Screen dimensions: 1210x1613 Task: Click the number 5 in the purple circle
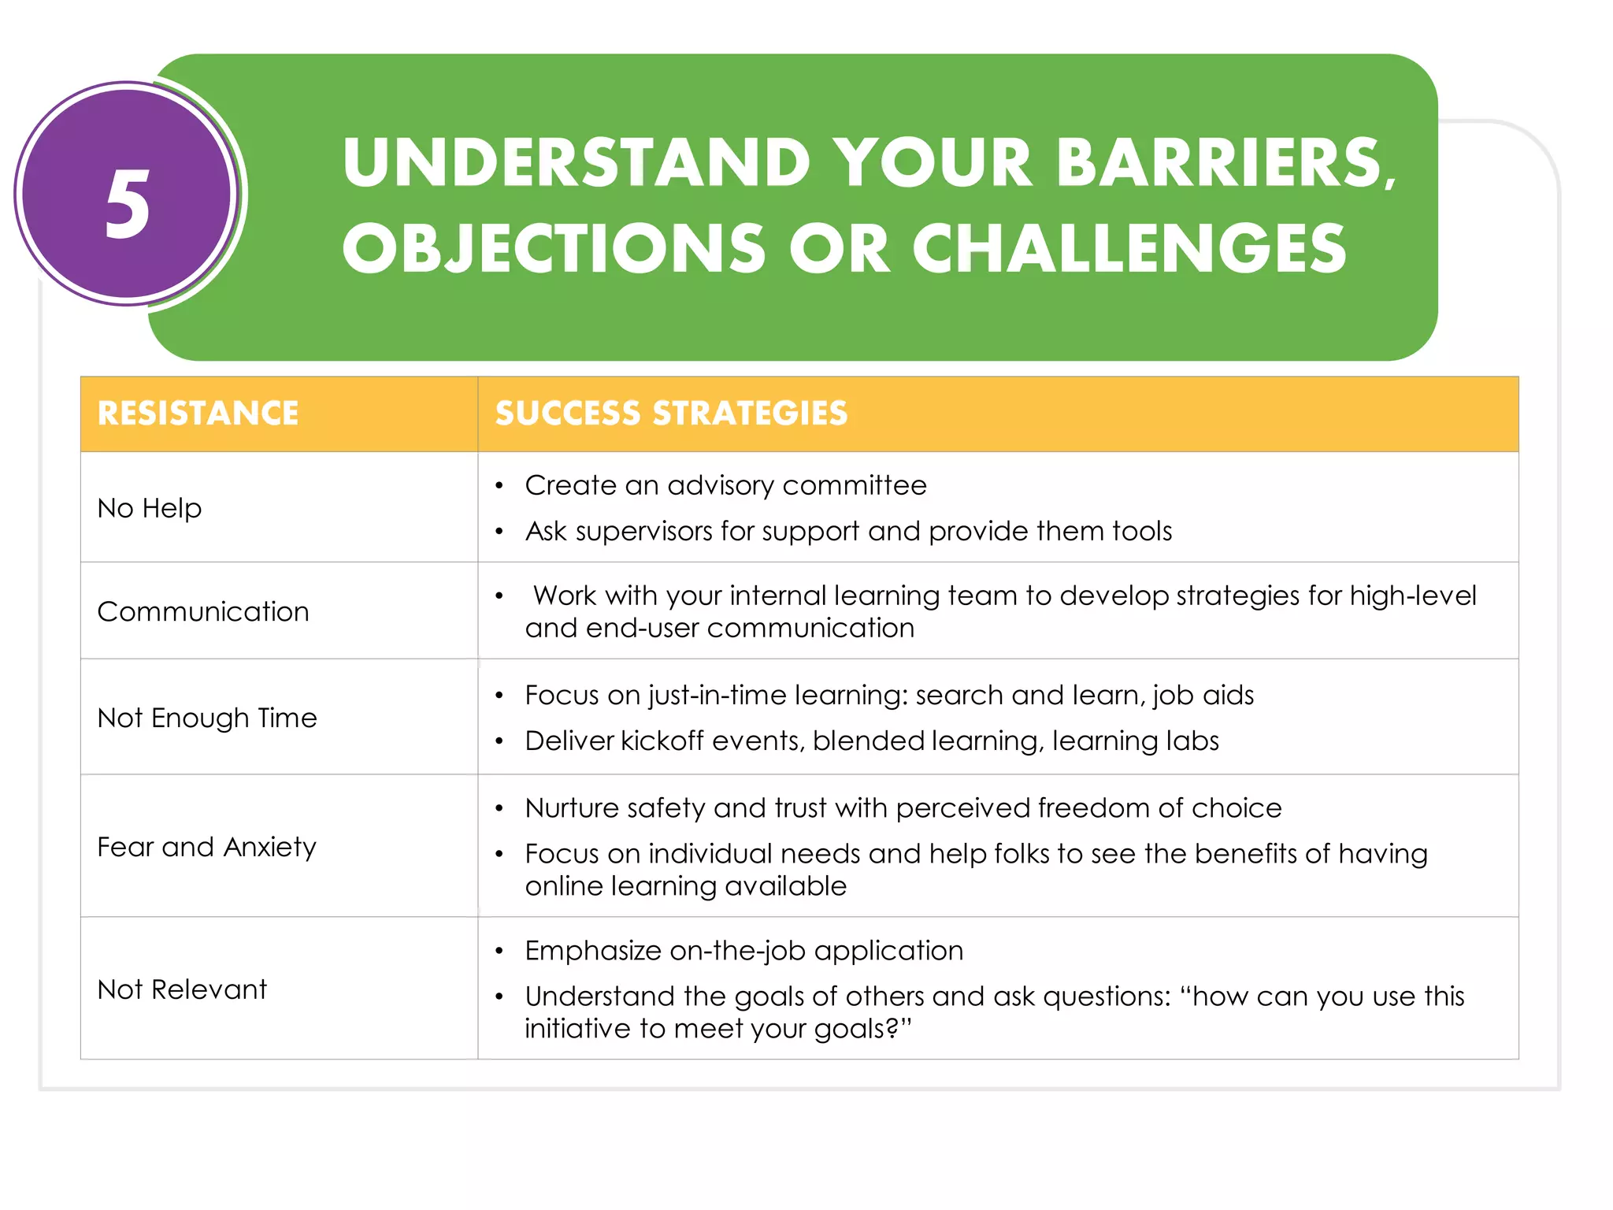coord(127,205)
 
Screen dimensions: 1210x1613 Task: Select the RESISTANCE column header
coord(198,414)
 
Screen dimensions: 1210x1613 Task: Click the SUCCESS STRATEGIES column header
coord(671,414)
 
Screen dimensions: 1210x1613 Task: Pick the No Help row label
coord(150,508)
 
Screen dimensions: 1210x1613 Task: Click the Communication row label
coord(203,611)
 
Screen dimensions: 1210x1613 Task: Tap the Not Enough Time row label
coord(207,718)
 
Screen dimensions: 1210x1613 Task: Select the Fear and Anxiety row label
coord(206,847)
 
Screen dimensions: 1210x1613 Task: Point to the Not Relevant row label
coord(182,989)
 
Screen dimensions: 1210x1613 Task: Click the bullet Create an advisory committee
coord(725,485)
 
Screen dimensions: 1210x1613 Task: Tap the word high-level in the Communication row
coord(1413,596)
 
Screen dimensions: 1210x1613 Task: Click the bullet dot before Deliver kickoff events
coord(499,742)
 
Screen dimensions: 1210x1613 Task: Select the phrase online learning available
coord(685,886)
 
